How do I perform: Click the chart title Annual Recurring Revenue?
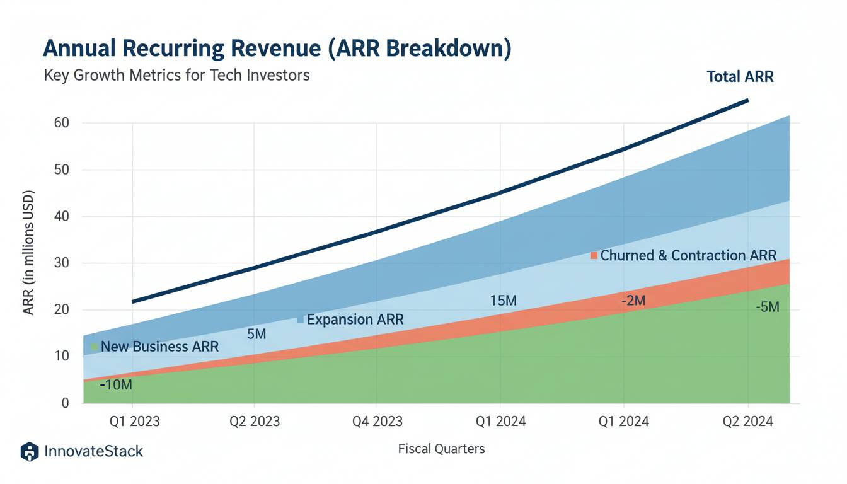277,50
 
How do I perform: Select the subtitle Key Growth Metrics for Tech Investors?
176,75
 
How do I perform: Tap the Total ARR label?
740,77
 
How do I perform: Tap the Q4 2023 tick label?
376,421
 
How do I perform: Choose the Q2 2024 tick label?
747,421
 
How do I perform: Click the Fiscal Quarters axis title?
442,449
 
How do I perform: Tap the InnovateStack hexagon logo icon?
30,451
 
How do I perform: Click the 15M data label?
503,301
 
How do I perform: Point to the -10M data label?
117,384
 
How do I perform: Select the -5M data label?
768,308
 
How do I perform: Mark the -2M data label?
633,301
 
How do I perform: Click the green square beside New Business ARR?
95,347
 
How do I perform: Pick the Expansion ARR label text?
355,320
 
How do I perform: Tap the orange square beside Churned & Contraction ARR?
593,255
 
